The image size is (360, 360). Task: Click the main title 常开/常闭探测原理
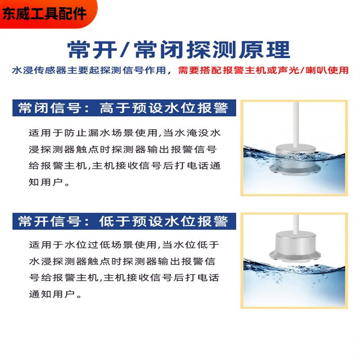[x=179, y=49]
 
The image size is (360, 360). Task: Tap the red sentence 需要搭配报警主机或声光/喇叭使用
[x=263, y=71]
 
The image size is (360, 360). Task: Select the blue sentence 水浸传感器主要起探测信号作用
[x=91, y=71]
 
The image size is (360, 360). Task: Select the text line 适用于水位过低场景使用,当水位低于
[x=124, y=245]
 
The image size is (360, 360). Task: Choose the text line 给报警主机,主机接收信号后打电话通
[x=124, y=166]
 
